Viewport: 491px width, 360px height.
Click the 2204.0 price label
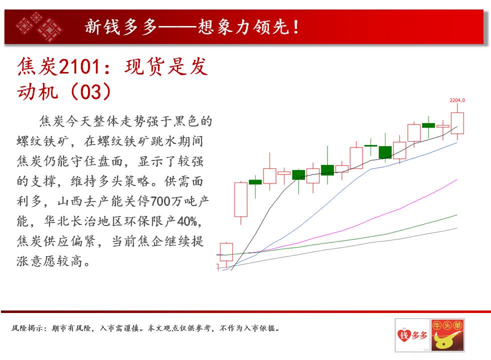[x=457, y=100]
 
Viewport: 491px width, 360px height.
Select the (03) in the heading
[x=91, y=91]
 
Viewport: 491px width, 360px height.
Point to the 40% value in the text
[x=187, y=221]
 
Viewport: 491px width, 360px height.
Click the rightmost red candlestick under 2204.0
[x=457, y=122]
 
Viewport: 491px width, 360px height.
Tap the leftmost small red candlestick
[x=226, y=252]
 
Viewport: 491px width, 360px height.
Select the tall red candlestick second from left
[x=241, y=199]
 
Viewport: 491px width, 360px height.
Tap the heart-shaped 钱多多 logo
[x=412, y=335]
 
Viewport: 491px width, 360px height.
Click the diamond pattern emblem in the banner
[x=39, y=26]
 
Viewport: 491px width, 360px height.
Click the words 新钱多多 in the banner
[x=121, y=27]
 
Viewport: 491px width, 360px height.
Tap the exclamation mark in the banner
[x=295, y=27]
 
